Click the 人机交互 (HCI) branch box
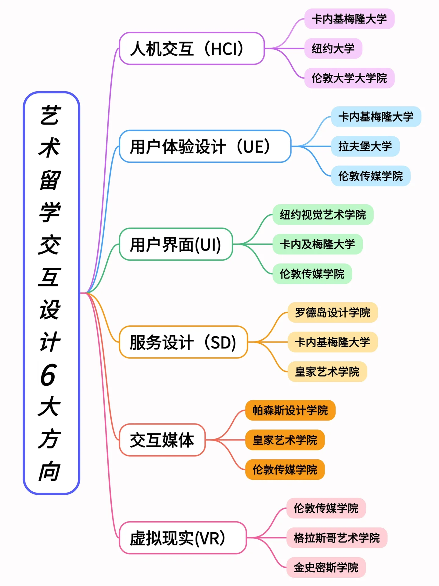192,49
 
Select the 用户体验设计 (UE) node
205,146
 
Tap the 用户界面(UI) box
176,244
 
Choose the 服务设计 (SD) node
183,342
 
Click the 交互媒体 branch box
162,440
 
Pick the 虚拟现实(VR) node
182,538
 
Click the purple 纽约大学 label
333,49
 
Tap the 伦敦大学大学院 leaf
349,78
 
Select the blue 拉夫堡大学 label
365,146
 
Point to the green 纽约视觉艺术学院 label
323,215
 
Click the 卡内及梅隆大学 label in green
318,244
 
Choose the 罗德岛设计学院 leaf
333,313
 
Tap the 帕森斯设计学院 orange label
290,410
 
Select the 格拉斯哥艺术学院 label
337,538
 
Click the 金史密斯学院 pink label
326,567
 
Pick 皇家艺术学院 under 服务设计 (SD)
327,372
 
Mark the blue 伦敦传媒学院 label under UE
371,176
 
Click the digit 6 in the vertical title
49,375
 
